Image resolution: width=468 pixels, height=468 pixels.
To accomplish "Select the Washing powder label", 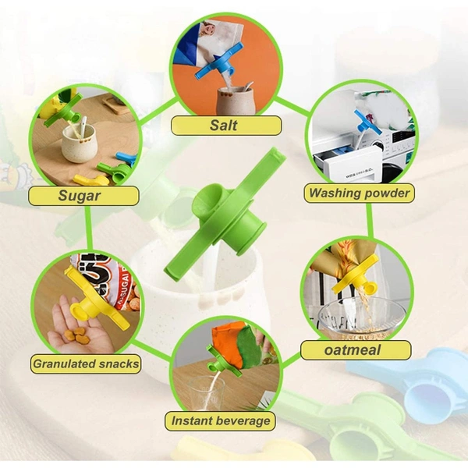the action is pos(359,193).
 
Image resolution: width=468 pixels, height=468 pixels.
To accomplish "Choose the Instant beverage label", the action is pos(220,421).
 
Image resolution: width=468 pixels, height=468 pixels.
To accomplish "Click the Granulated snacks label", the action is pos(86,363).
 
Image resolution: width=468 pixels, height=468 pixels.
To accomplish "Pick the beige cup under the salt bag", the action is pos(236,101).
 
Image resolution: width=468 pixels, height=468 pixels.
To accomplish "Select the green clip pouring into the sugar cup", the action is pos(63,109).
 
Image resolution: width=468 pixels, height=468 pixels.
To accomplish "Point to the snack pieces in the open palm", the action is pos(76,335).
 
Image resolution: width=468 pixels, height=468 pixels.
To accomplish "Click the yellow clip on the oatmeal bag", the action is pos(357,275).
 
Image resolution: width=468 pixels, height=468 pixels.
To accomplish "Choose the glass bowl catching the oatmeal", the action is pos(361,319).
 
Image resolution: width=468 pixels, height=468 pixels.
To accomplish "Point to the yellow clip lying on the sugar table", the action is pos(91,180).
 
